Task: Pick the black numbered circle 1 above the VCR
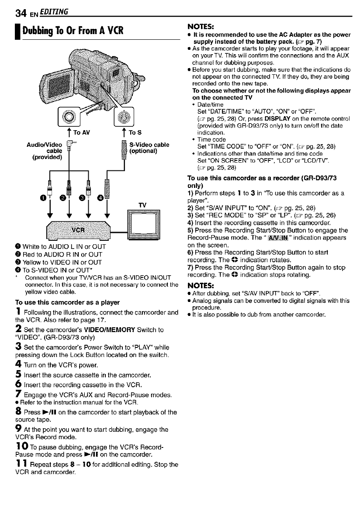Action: pos(44,201)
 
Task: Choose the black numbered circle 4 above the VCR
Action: pos(100,201)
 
